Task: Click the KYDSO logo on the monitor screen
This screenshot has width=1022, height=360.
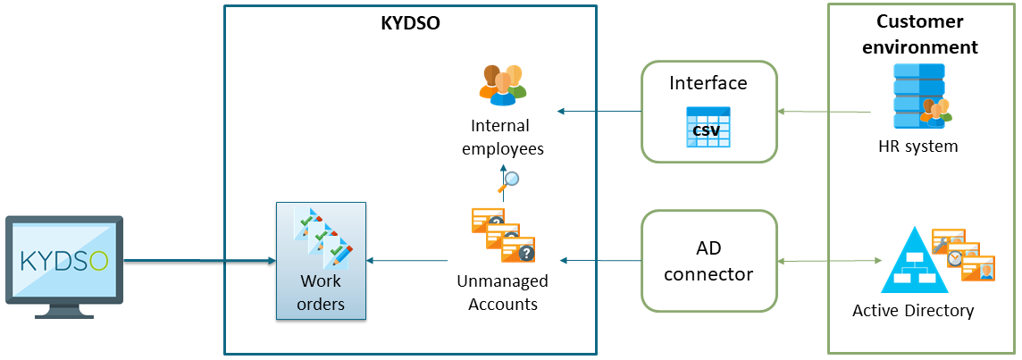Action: (63, 261)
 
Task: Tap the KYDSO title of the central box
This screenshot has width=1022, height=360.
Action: (411, 24)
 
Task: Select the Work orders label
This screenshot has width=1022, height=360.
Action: (321, 292)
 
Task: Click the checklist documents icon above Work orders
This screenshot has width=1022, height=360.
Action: (322, 237)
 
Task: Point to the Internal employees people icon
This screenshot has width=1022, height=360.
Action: (503, 83)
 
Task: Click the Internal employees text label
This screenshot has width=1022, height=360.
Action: (502, 137)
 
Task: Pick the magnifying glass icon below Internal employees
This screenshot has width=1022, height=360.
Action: (510, 181)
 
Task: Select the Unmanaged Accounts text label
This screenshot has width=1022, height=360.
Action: (502, 292)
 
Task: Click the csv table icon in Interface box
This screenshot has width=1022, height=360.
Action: (708, 128)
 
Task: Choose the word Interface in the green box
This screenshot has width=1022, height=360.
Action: (708, 83)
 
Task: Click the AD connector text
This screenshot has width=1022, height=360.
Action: (708, 261)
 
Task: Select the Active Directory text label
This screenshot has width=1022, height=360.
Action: (913, 311)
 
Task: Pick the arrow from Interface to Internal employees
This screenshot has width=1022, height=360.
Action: (599, 112)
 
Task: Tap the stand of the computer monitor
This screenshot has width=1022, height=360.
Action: (63, 310)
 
